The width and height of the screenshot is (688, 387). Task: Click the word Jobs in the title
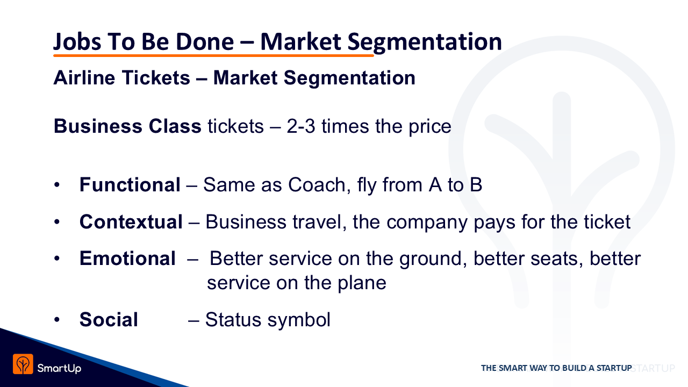tap(77, 42)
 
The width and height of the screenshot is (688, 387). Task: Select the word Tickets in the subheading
tap(156, 77)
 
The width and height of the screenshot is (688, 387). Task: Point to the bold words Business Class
tap(127, 126)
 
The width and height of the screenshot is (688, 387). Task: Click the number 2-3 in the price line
tap(301, 126)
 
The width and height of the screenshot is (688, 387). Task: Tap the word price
tap(429, 127)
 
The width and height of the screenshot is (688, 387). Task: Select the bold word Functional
tap(130, 184)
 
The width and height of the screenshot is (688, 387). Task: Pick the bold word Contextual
tap(131, 222)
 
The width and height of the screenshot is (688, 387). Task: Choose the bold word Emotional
tap(127, 259)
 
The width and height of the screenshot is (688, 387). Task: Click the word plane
tap(362, 283)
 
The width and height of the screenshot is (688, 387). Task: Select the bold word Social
tap(109, 320)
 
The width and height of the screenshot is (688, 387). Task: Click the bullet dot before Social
tap(57, 320)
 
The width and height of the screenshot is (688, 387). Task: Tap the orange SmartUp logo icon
tap(23, 364)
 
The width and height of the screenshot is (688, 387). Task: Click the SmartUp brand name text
tap(59, 368)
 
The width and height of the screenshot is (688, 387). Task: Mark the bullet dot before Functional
tap(57, 185)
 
